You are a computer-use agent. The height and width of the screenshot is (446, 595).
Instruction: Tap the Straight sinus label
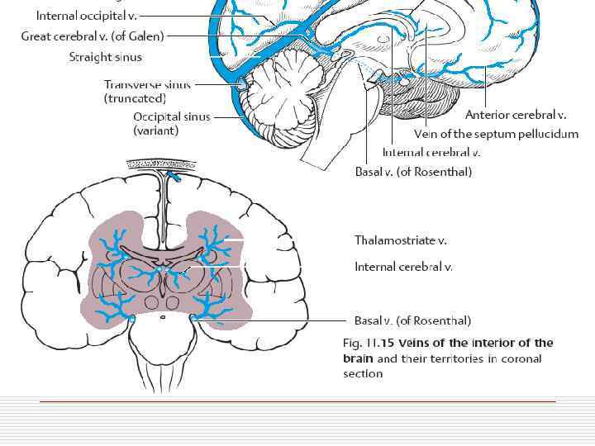click(x=105, y=57)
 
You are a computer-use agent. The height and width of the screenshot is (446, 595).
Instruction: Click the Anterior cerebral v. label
click(x=516, y=115)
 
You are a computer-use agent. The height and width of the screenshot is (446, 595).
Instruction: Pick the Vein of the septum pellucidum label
click(x=496, y=134)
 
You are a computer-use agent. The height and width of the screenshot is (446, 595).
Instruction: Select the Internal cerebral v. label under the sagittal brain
click(x=431, y=153)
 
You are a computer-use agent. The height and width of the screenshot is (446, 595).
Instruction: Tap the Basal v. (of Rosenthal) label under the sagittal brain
click(x=413, y=172)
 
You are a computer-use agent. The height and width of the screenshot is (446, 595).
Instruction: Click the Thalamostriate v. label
click(x=400, y=240)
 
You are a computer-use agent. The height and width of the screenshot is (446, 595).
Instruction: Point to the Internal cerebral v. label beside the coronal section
click(x=403, y=267)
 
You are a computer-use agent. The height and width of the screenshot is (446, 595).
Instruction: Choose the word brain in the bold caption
click(x=359, y=358)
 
